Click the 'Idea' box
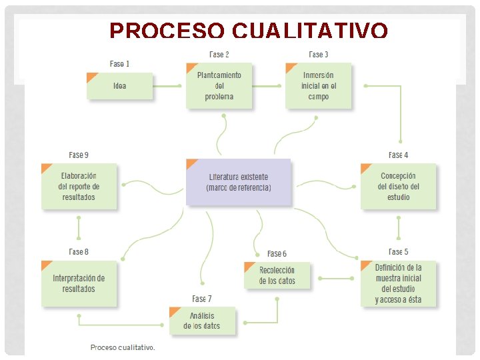pos(120,86)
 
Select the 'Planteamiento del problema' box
pos(219,86)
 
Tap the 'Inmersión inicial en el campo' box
pos(319,86)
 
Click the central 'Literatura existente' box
pos(239,183)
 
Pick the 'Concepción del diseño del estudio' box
pos(398,187)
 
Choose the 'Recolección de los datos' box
pos(277,276)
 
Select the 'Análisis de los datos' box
pos(202,321)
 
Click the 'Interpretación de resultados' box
pos(79,283)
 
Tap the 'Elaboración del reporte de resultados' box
pos(79,187)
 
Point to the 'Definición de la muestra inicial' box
pos(398,283)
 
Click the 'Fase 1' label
pos(120,64)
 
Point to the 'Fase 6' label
pos(277,254)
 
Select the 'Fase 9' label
pos(79,155)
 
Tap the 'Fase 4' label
pos(398,155)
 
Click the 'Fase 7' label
pos(202,299)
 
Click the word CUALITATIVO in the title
pos(310,31)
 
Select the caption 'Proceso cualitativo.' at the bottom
pos(123,347)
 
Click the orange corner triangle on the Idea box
pos(91,77)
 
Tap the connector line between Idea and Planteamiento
pos(167,86)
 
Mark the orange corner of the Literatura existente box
pos(191,163)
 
